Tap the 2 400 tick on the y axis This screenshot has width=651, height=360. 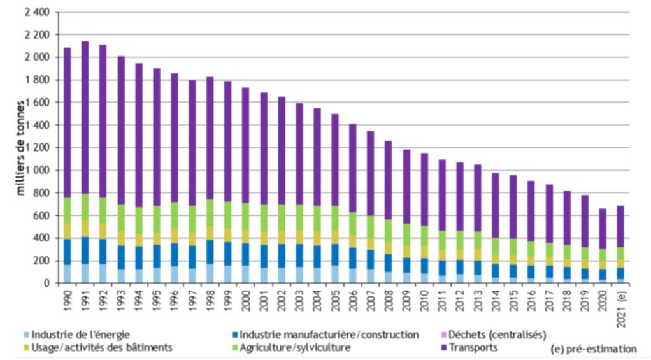(x=34, y=12)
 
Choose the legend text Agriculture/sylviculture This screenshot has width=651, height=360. (x=300, y=348)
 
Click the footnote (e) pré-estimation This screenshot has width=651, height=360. (x=592, y=349)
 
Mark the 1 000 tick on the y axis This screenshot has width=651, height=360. (x=36, y=170)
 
